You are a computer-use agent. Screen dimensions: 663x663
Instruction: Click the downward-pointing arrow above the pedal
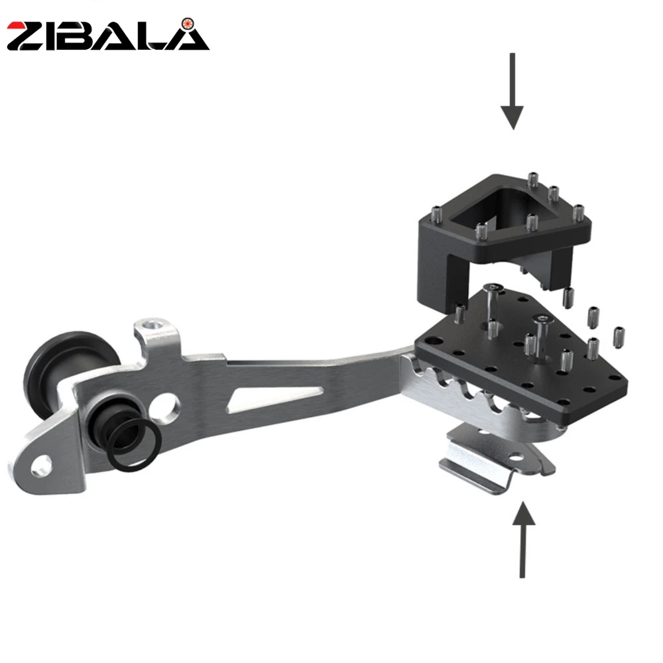pyautogui.click(x=512, y=91)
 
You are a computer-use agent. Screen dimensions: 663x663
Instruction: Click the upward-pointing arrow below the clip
pyautogui.click(x=524, y=540)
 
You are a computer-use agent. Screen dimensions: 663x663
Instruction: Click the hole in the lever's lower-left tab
pyautogui.click(x=40, y=465)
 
